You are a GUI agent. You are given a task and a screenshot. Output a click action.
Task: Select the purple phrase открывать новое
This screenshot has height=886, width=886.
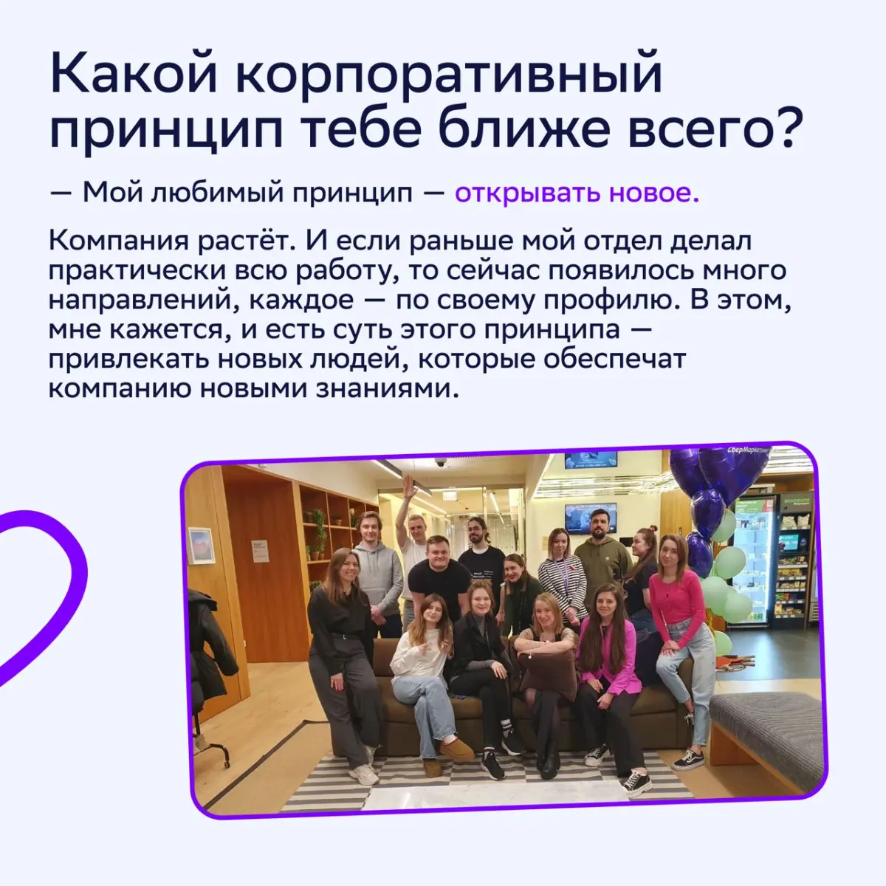576,193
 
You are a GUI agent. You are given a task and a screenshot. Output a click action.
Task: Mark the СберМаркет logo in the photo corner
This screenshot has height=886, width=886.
747,450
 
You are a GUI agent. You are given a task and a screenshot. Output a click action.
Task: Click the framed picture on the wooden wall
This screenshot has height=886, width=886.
201,545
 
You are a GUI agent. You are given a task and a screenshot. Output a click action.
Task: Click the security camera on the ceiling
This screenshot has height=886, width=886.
440,463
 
